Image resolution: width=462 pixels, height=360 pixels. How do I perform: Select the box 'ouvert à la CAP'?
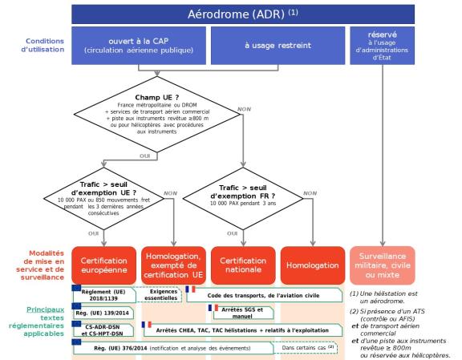[x=139, y=47]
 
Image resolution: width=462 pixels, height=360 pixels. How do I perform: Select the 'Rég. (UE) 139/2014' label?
[x=103, y=310]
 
